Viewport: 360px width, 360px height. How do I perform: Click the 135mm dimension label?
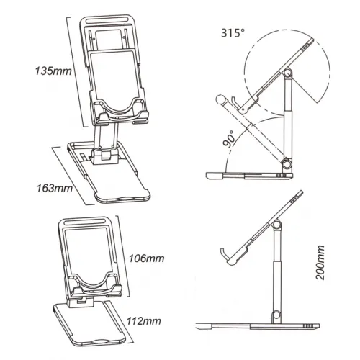[x=53, y=71]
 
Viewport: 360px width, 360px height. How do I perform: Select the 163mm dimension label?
[x=55, y=188]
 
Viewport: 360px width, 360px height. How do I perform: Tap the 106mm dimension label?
[x=147, y=258]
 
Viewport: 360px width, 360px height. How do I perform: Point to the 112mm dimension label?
[x=144, y=321]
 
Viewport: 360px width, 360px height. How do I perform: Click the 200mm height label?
[x=320, y=263]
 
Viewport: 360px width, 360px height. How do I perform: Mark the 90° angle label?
[x=230, y=139]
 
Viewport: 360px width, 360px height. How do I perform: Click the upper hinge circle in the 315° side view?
[x=287, y=73]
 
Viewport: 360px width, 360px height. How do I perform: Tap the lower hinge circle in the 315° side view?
[x=287, y=164]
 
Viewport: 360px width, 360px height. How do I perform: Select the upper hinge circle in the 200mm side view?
[x=276, y=225]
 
